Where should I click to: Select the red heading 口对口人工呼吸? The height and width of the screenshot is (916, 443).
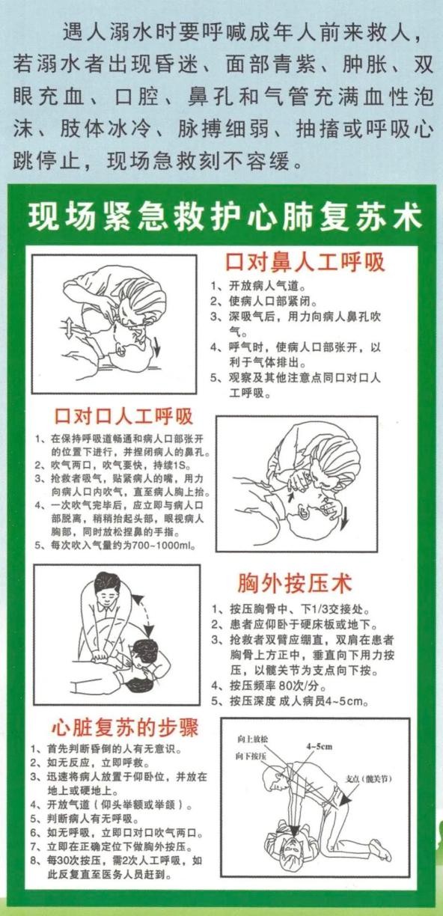pyautogui.click(x=123, y=417)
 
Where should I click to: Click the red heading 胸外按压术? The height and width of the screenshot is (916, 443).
pyautogui.click(x=294, y=584)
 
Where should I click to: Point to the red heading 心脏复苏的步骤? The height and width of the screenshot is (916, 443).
pyautogui.click(x=121, y=727)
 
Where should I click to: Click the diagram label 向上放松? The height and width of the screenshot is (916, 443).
pyautogui.click(x=252, y=739)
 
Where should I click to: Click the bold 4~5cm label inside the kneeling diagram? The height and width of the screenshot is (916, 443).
pyautogui.click(x=319, y=746)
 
